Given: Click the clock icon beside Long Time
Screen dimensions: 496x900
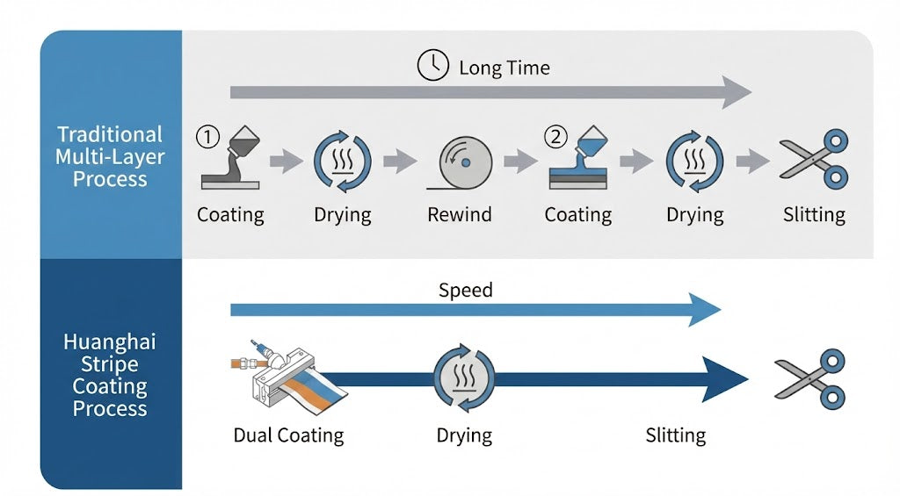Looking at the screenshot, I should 433,67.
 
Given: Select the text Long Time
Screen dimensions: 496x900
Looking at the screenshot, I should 504,68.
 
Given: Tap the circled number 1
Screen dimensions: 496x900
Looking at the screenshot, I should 207,136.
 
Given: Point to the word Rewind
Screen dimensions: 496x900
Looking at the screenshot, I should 459,215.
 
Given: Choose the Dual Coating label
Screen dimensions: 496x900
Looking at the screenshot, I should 288,435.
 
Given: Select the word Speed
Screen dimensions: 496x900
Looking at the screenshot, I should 465,291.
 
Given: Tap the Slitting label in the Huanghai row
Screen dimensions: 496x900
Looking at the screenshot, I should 675,435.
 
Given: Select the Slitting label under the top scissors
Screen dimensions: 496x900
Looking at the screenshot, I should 814,215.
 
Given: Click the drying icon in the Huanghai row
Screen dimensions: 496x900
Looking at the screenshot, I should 464,378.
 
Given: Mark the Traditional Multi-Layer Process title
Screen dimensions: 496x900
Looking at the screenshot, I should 110,156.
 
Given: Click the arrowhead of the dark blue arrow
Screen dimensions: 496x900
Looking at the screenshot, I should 728,378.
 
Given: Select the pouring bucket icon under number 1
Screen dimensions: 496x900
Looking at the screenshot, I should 231,158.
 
